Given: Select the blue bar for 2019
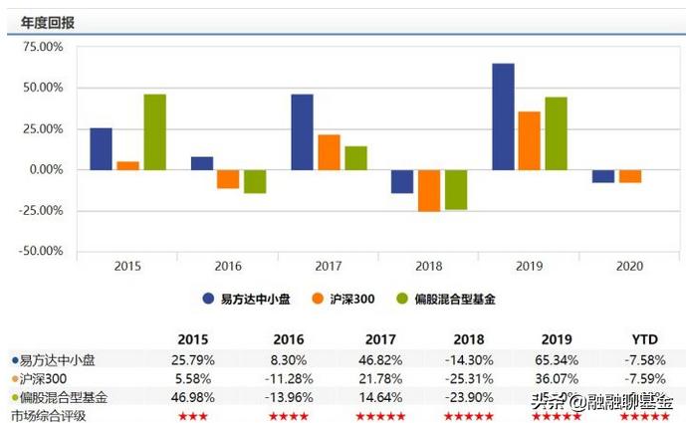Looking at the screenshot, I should pyautogui.click(x=503, y=116).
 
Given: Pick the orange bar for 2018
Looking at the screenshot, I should pyautogui.click(x=429, y=190).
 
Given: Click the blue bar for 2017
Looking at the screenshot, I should pyautogui.click(x=302, y=131).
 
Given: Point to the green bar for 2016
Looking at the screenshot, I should pyautogui.click(x=255, y=181).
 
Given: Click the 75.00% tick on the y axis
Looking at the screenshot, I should pyautogui.click(x=42, y=47).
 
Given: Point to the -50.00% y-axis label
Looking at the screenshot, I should pyautogui.click(x=40, y=251).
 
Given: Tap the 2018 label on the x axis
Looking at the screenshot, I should pyautogui.click(x=429, y=266).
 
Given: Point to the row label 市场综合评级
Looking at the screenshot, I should pyautogui.click(x=48, y=415).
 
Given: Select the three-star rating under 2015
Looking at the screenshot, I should pyautogui.click(x=193, y=415).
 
